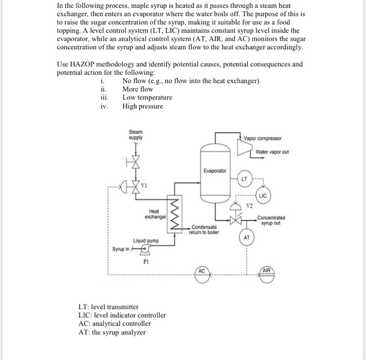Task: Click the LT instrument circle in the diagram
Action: coord(245,178)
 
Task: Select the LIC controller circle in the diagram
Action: coord(262,196)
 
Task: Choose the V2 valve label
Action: coord(249,205)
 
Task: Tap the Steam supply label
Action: coord(135,135)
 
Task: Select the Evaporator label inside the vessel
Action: coord(215,171)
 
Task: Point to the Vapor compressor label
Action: coord(262,138)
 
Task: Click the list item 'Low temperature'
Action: coord(147,97)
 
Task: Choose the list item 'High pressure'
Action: coord(142,106)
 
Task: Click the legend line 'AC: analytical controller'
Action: coord(114,323)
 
